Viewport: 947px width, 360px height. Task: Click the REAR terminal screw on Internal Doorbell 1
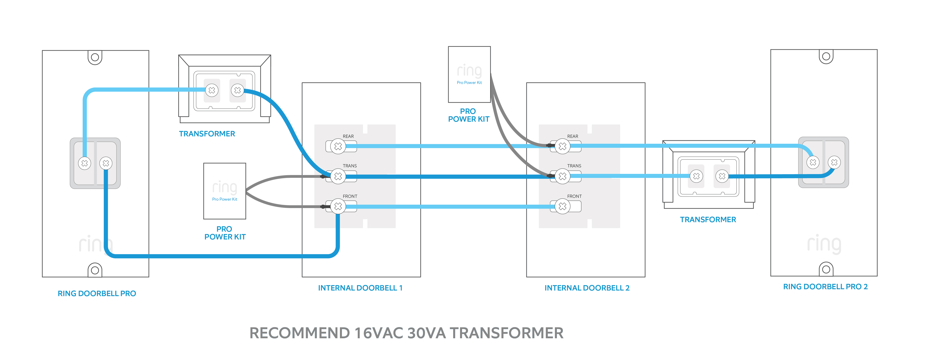click(x=338, y=146)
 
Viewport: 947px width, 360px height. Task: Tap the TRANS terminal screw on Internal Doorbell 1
click(x=338, y=176)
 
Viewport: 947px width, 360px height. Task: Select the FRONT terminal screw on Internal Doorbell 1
click(x=338, y=206)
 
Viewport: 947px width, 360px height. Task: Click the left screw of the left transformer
click(x=212, y=90)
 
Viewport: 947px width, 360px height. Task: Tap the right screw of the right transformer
click(x=722, y=176)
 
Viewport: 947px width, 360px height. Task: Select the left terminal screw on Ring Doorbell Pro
click(x=84, y=163)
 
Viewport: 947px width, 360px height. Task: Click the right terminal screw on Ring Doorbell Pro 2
click(x=834, y=162)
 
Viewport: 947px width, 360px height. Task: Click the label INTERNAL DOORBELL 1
click(x=360, y=288)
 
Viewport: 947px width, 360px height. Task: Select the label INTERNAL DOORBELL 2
click(x=587, y=288)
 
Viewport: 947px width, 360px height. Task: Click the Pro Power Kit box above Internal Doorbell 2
click(x=469, y=74)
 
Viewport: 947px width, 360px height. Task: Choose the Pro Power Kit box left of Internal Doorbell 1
click(x=225, y=191)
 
